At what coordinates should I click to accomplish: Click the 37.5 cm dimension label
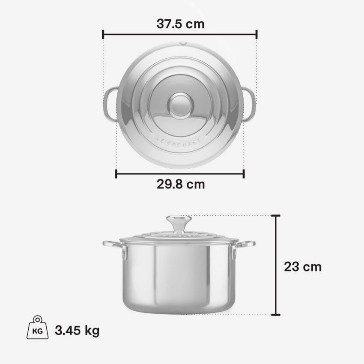180,24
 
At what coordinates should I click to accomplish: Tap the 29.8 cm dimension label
180,185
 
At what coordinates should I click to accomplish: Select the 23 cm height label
302,267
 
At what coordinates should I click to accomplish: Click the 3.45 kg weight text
78,331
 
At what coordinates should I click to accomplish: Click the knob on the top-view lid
180,105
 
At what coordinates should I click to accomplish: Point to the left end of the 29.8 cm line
116,173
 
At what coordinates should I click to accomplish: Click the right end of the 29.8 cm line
244,173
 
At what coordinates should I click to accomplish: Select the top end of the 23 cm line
276,216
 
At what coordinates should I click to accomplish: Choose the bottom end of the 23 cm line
276,315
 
